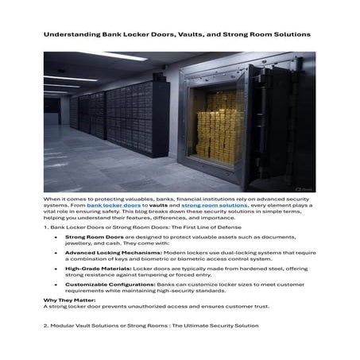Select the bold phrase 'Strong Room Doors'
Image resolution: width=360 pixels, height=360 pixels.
(x=88, y=237)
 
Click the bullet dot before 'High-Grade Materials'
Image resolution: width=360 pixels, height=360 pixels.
(x=55, y=270)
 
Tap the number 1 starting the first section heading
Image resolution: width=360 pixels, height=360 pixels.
(x=45, y=227)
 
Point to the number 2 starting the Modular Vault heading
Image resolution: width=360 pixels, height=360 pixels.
(x=45, y=326)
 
